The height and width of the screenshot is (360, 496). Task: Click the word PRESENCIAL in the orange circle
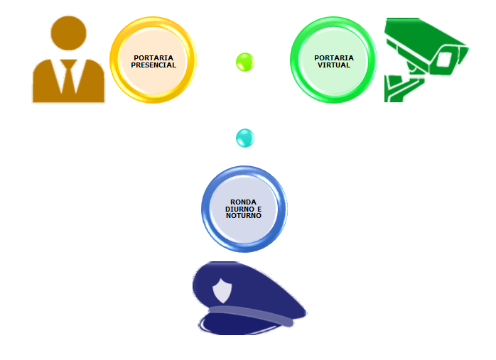153,65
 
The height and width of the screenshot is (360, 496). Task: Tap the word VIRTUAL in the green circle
334,65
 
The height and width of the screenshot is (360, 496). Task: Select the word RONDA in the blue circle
244,202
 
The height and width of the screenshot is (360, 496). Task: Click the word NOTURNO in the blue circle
244,215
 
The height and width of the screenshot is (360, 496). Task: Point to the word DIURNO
239,209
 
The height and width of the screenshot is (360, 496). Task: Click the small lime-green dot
244,62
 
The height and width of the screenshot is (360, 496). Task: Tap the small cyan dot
244,138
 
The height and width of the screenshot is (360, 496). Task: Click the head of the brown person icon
69,33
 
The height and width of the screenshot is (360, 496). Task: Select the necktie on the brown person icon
69,75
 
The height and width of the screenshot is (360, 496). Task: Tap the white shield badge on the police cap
222,290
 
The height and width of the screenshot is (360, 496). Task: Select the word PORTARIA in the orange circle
153,58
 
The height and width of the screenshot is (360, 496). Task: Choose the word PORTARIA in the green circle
334,58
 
